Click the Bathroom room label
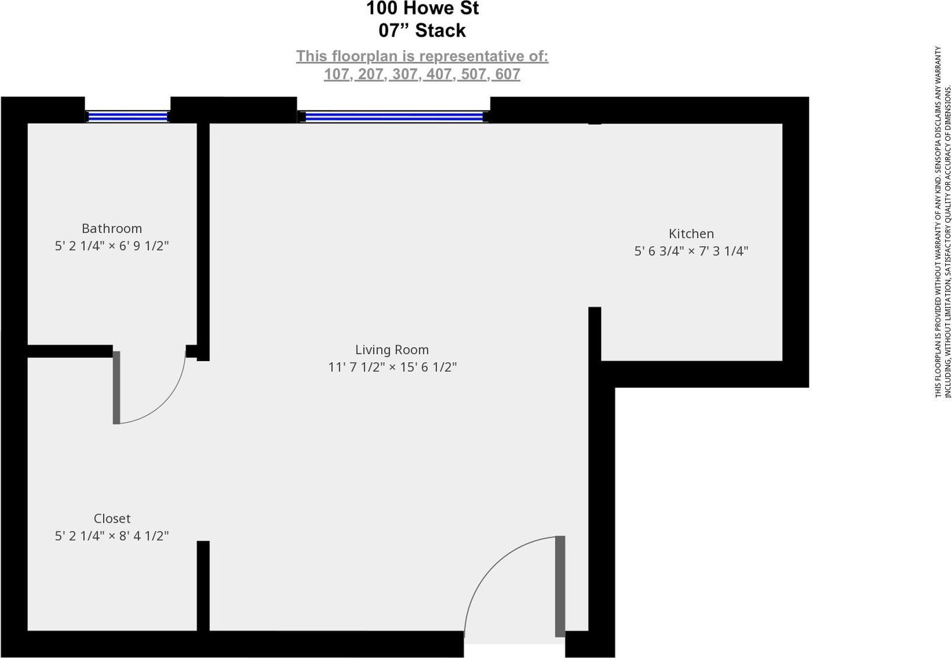point(111,228)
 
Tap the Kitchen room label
point(691,234)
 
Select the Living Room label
point(392,350)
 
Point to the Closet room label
point(112,518)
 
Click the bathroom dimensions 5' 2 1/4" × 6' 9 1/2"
point(112,246)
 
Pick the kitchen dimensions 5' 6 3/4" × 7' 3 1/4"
point(691,252)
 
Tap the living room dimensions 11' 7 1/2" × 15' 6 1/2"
point(392,367)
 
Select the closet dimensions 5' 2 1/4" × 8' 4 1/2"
point(112,536)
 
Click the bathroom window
point(128,117)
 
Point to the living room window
point(394,117)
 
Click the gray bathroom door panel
point(116,387)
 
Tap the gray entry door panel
point(560,586)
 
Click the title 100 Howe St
point(422,9)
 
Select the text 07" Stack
point(422,31)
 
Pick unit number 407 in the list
point(439,74)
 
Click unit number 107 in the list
point(337,74)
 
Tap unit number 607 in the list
point(508,74)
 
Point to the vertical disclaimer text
point(942,221)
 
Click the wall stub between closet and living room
point(203,584)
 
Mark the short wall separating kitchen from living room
point(595,333)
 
